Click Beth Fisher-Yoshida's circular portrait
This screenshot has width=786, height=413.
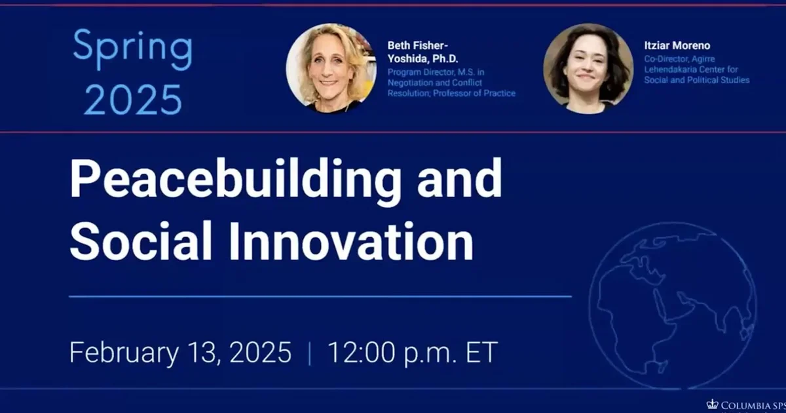tap(331, 68)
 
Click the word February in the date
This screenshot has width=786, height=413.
tap(119, 353)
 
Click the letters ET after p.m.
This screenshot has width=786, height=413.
tap(481, 353)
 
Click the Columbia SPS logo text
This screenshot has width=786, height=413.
tap(750, 404)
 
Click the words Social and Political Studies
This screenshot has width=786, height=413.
tap(696, 80)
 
